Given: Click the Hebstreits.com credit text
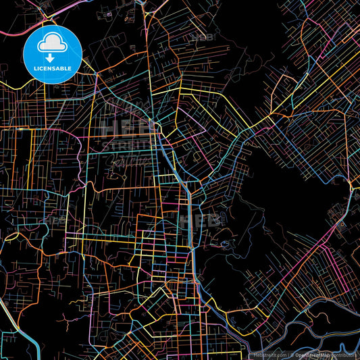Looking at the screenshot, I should click(x=269, y=354).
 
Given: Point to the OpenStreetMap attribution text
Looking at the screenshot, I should click(x=311, y=354).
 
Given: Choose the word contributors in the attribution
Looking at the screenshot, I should click(x=344, y=354).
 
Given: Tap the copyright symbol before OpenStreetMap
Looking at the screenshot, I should click(x=292, y=354).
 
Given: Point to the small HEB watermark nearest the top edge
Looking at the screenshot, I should click(x=203, y=36).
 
